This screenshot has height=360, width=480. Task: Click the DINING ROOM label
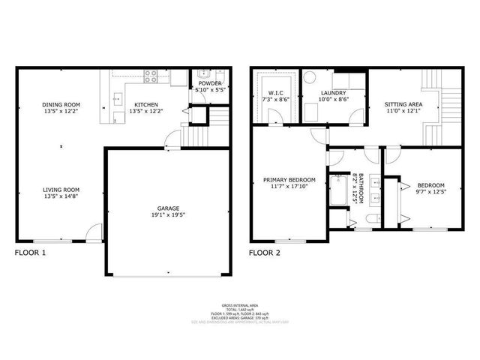click(x=61, y=104)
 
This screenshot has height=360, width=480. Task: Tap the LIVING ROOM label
click(x=61, y=190)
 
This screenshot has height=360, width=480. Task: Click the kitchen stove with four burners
click(x=148, y=76)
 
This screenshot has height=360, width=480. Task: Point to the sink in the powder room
click(x=202, y=74)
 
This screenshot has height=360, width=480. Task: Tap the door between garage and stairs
click(x=172, y=139)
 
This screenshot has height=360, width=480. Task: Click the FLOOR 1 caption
click(x=31, y=253)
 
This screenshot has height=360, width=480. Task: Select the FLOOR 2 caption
click(x=265, y=253)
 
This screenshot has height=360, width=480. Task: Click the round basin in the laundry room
click(x=309, y=77)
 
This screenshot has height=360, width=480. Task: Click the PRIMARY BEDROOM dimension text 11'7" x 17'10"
click(x=288, y=187)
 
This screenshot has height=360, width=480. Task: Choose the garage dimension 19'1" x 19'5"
click(x=167, y=214)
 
